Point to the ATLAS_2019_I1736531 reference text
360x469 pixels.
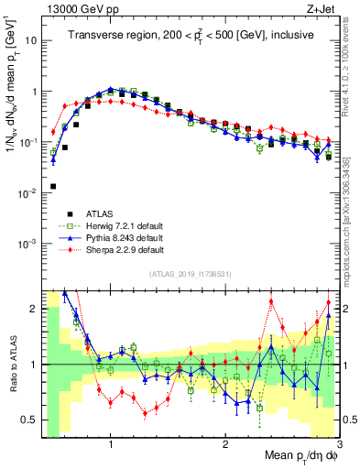191,275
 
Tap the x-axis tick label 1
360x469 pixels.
111,444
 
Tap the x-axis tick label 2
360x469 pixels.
225,444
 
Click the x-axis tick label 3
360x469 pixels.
339,444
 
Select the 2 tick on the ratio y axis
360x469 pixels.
31,309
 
